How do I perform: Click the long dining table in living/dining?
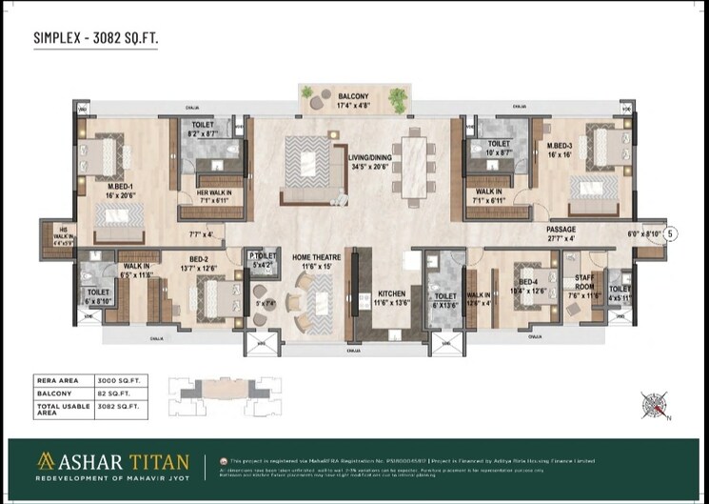tap(415, 158)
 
